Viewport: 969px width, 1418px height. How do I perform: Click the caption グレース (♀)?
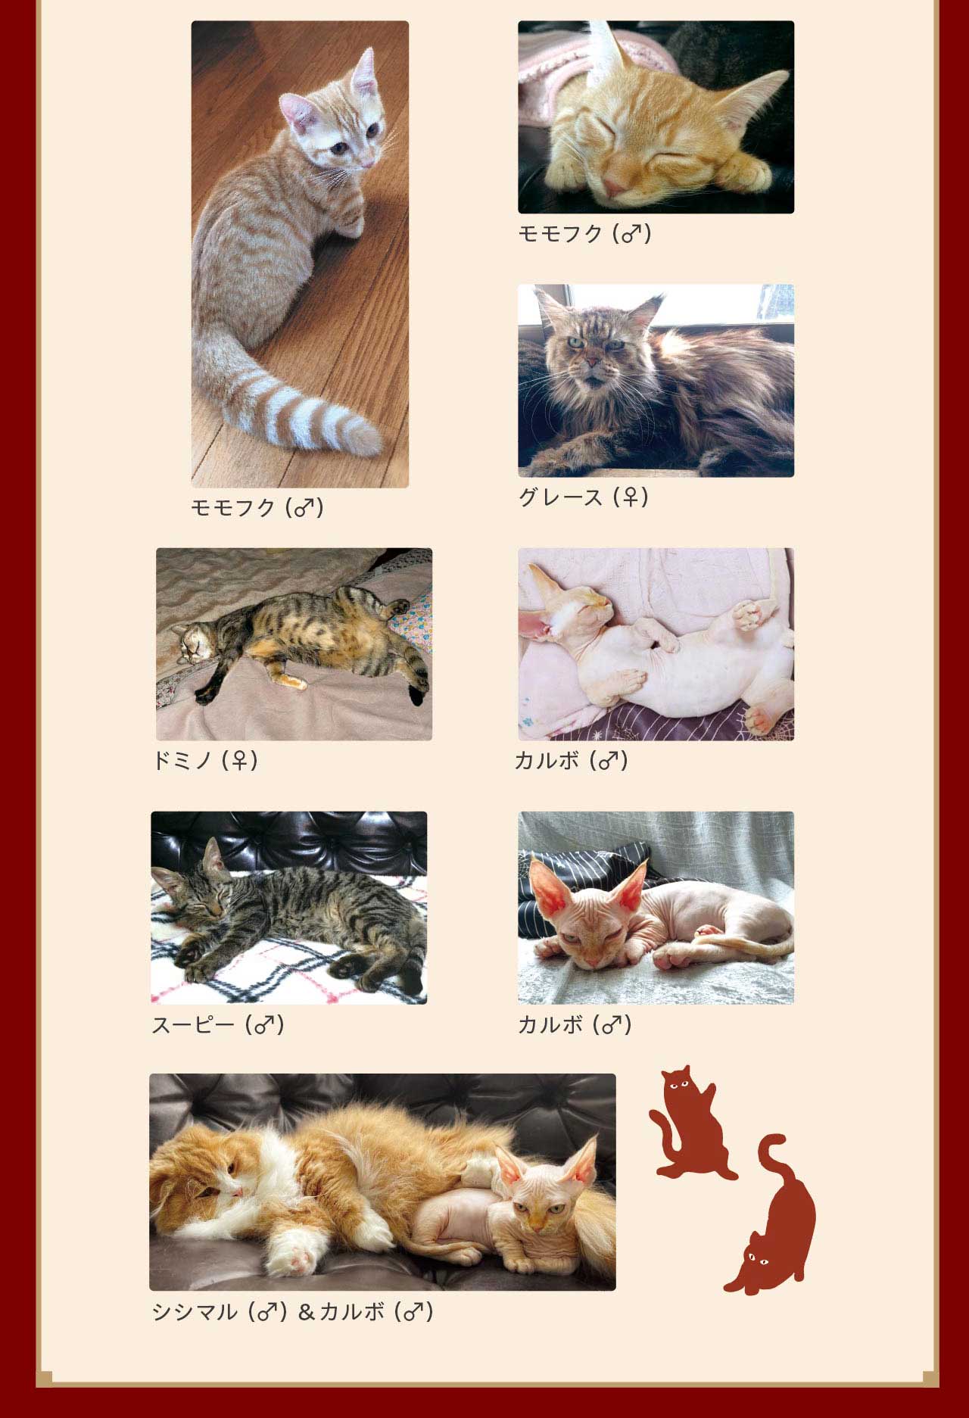(584, 497)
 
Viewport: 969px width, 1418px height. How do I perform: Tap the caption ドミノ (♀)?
(206, 760)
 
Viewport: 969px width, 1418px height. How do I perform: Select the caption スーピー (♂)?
(218, 1025)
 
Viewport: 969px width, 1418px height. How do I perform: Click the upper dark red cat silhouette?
(690, 1123)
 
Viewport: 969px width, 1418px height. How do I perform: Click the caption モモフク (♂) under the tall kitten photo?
(257, 507)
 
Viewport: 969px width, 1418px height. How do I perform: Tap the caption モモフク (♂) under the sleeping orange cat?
(585, 233)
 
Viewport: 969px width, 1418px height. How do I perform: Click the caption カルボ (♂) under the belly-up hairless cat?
(572, 760)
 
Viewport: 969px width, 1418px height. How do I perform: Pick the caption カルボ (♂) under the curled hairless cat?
(575, 1025)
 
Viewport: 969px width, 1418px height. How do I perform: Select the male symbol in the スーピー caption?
(263, 1025)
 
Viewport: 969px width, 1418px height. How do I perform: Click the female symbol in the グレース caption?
(630, 497)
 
